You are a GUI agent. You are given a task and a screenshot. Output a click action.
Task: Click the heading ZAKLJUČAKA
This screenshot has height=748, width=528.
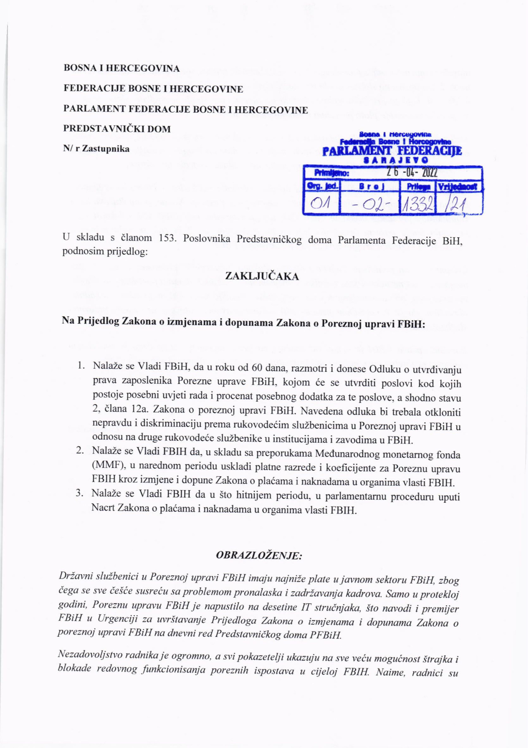pos(262,277)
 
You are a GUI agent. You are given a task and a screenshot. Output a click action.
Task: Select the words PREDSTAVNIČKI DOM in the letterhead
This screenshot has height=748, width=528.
pos(117,129)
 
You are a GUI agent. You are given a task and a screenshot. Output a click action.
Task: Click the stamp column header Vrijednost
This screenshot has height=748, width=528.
pos(459,187)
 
